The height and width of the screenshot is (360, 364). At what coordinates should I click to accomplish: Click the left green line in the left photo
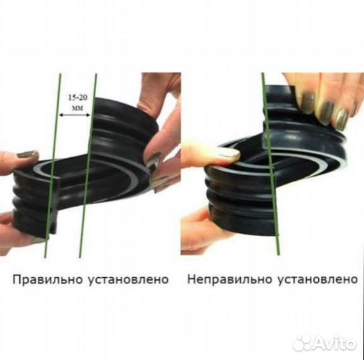click(51, 167)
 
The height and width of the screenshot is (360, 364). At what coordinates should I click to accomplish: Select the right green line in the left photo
click(87, 167)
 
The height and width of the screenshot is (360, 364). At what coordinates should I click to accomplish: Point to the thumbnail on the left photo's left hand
click(27, 154)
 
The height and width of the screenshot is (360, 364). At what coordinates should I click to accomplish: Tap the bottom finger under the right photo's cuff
click(200, 230)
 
